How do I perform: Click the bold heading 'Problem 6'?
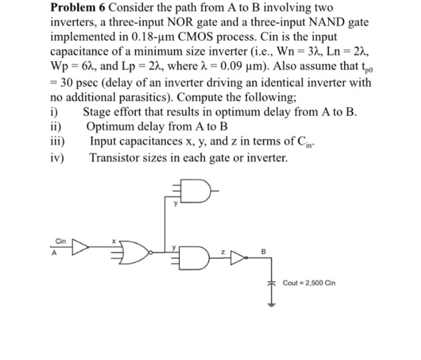tap(77, 8)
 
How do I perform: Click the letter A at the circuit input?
tap(53, 252)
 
